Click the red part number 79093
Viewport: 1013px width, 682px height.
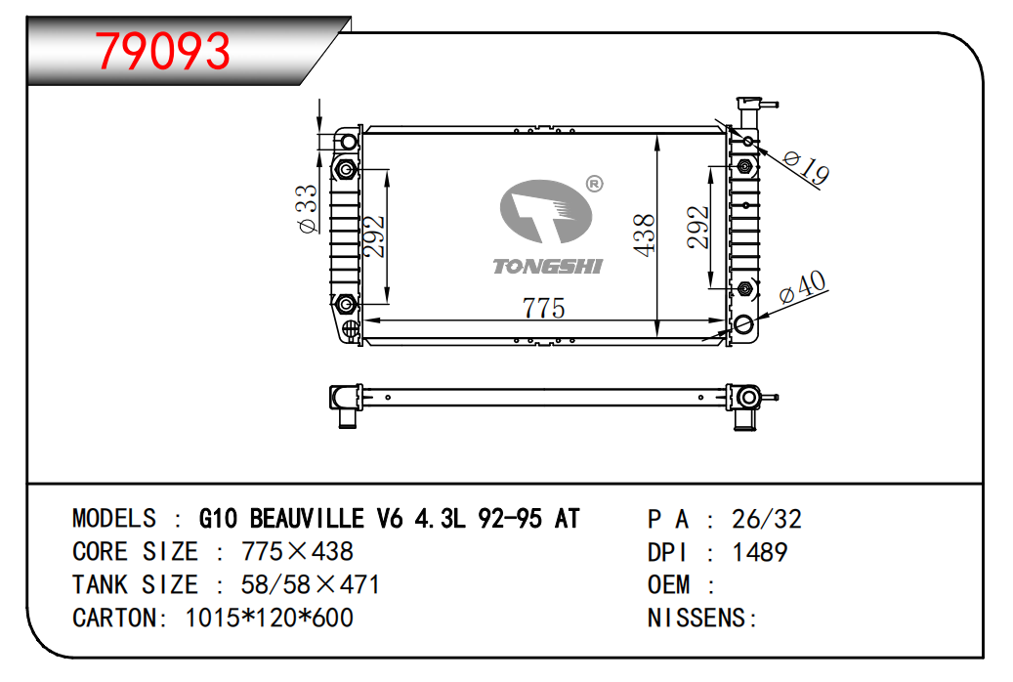163,51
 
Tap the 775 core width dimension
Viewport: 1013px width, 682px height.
543,308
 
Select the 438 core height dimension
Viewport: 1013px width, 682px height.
644,235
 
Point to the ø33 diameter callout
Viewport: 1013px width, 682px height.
307,209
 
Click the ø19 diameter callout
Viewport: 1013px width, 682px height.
805,167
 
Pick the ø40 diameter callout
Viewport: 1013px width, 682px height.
802,286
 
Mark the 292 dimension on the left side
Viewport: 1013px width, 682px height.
374,235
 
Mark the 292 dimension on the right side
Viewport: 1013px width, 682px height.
698,227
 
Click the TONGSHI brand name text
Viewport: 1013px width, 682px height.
547,267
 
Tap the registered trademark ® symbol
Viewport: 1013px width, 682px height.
594,185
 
